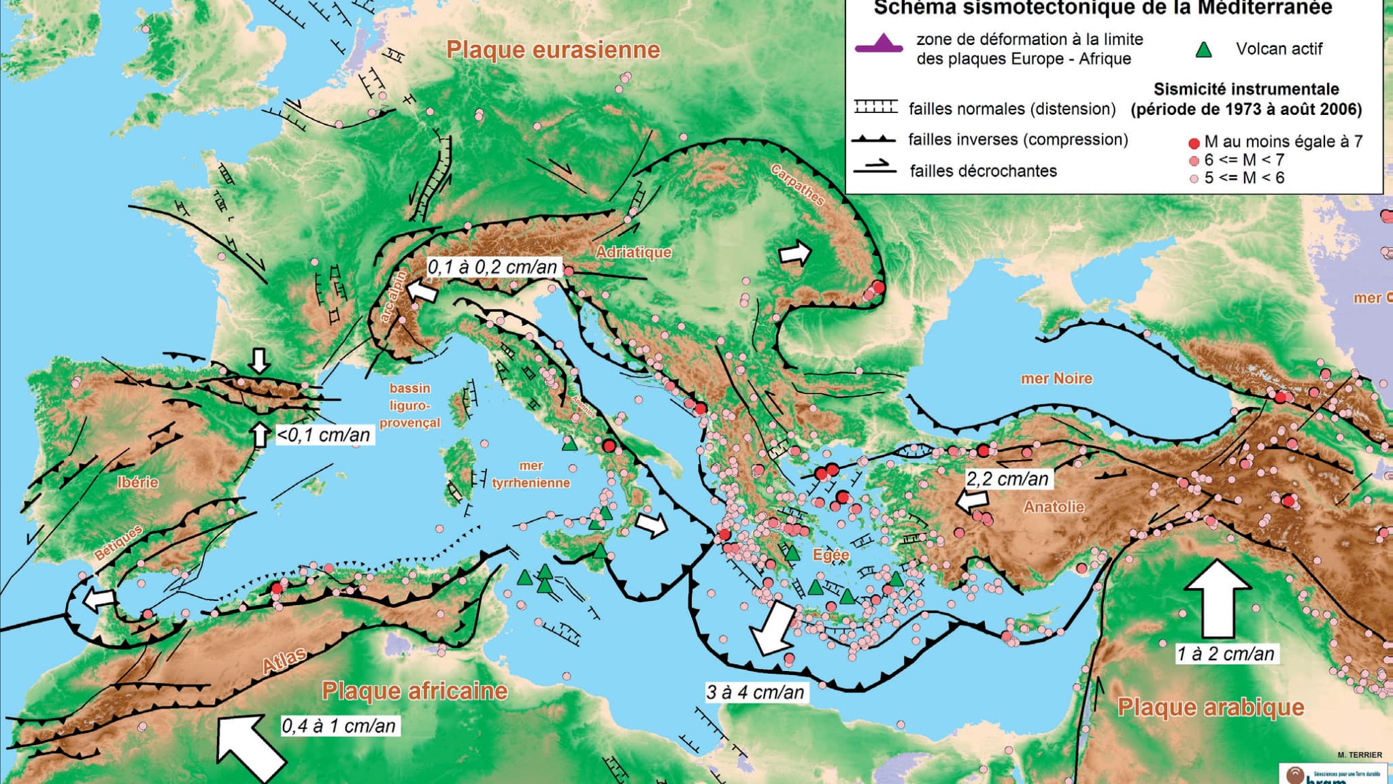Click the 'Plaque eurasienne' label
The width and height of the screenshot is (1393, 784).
point(552,50)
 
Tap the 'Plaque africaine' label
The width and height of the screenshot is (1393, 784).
point(414,691)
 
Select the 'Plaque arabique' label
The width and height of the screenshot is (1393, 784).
point(1211,707)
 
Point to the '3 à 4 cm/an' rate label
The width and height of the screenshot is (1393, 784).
point(755,693)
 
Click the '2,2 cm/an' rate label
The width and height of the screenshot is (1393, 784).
point(1007,479)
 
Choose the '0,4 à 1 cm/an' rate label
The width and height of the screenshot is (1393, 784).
point(339,726)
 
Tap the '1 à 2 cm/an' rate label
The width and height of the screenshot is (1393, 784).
point(1226,654)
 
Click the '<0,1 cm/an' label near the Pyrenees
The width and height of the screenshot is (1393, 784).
point(324,435)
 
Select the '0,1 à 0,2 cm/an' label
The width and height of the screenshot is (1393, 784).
point(492,267)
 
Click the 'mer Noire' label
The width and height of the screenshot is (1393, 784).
point(1056,378)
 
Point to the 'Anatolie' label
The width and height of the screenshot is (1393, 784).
point(1054,506)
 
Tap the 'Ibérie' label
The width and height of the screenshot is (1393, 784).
point(138,483)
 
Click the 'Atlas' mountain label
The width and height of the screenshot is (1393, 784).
point(284,661)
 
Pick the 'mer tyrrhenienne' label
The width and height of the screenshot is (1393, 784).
point(531,474)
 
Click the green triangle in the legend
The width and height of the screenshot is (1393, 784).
point(1204,50)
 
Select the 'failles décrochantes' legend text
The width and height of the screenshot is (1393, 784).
point(983,171)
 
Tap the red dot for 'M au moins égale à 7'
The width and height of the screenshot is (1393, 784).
point(1194,143)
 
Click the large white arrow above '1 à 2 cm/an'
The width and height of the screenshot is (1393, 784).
point(1218,599)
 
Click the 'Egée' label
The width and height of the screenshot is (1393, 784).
point(830,555)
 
